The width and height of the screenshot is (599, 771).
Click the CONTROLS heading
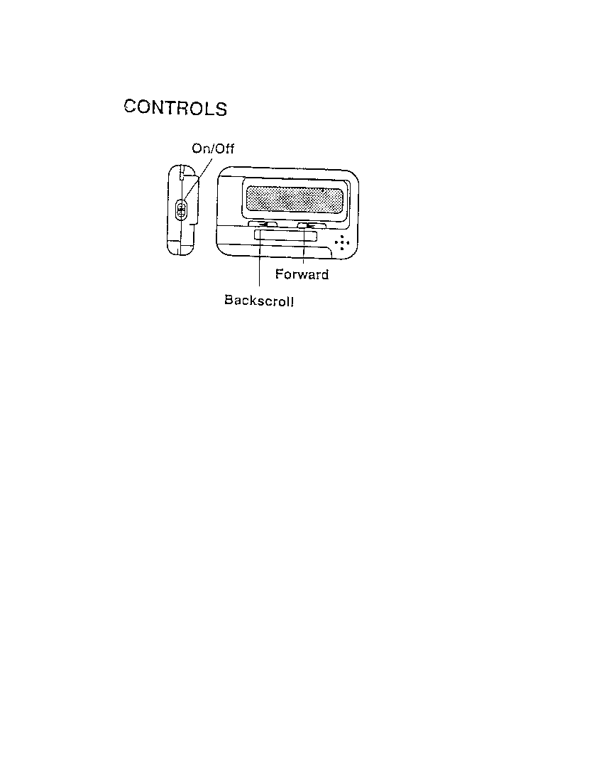click(175, 108)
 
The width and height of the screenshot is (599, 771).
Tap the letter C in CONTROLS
click(130, 106)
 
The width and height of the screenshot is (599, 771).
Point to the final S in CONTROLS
click(221, 109)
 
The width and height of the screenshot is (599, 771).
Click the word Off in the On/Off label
click(224, 149)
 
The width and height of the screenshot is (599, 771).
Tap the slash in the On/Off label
click(211, 149)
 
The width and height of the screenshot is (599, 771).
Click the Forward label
click(302, 274)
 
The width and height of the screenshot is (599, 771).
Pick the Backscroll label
click(259, 300)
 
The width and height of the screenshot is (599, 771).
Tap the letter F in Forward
click(279, 274)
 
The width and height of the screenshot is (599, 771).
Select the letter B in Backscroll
click(229, 299)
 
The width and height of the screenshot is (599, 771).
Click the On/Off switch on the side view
click(181, 210)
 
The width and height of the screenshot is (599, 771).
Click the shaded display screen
click(294, 199)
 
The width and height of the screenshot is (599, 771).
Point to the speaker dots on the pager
click(341, 242)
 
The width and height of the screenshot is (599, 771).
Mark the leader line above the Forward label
click(304, 244)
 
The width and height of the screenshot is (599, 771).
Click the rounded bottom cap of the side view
click(180, 247)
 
